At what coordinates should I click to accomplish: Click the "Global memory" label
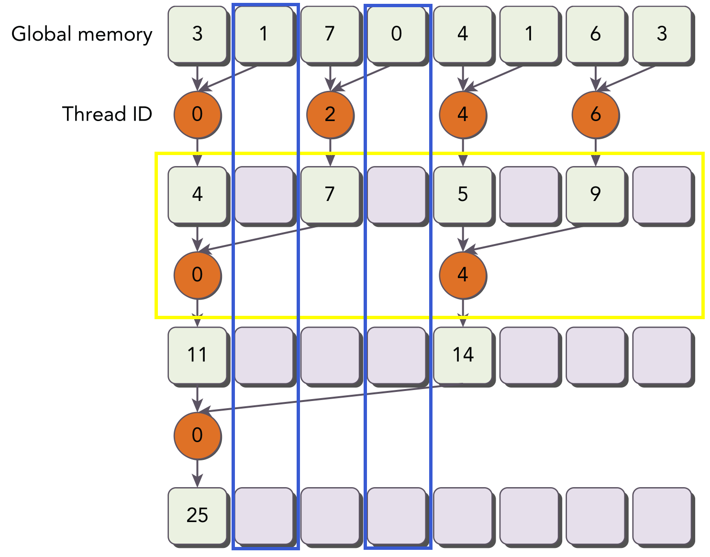[x=81, y=34]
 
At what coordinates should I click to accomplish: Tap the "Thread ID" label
[x=107, y=114]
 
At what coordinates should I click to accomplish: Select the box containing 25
[x=197, y=515]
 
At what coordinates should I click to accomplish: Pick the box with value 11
[x=197, y=355]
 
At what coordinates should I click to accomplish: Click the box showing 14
[x=463, y=355]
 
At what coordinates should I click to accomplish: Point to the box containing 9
[x=595, y=194]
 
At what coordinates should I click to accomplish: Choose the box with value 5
[x=463, y=194]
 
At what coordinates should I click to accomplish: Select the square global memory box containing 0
[x=396, y=34]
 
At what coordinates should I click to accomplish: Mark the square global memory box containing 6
[x=595, y=34]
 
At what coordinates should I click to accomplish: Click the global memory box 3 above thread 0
[x=197, y=34]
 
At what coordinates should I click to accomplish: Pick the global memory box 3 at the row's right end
[x=662, y=34]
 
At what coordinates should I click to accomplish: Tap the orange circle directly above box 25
[x=197, y=435]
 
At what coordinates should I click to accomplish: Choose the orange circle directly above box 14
[x=463, y=275]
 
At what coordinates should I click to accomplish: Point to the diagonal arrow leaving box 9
[x=526, y=238]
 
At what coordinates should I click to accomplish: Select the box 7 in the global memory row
[x=330, y=34]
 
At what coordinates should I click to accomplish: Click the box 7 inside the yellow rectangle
[x=330, y=194]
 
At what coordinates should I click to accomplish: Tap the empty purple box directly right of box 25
[x=264, y=515]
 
